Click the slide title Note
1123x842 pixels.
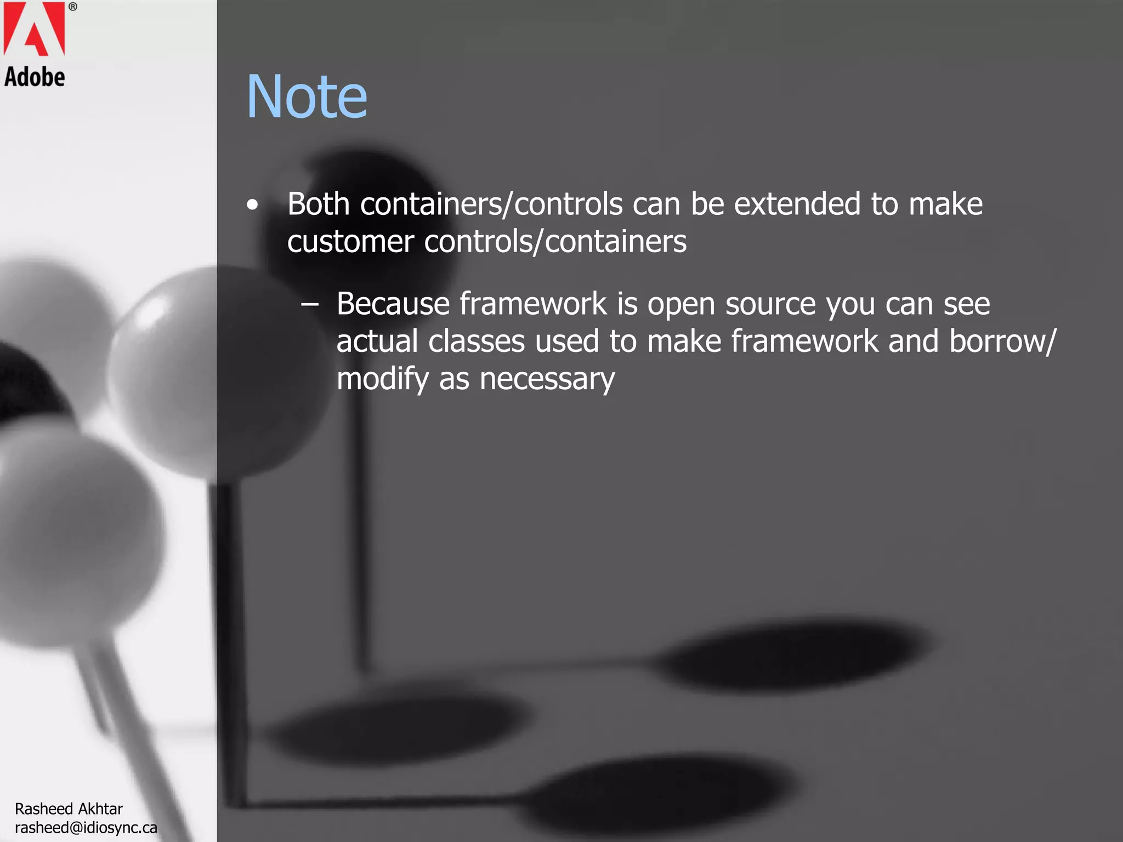coord(307,97)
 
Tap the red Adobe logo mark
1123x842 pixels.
coord(34,29)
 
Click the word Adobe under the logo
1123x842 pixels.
coord(35,77)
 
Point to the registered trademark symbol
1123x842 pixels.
coord(73,7)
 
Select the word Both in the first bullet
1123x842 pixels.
coord(319,204)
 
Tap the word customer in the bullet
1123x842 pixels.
coord(350,242)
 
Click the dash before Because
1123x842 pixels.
coord(310,304)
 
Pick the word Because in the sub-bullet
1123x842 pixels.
coord(393,304)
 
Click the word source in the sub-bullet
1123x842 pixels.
coord(770,305)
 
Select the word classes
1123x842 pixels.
coord(477,342)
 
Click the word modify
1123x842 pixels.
coord(383,379)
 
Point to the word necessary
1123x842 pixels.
coord(547,379)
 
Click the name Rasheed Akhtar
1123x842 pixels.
coord(69,809)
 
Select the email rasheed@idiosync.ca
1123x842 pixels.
coord(86,827)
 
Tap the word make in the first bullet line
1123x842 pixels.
coord(945,204)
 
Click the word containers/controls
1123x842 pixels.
coord(491,204)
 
